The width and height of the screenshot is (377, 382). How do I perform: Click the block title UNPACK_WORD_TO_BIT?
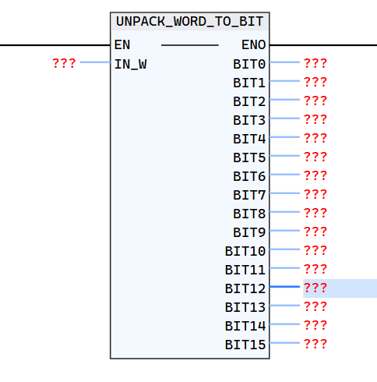pyautogui.click(x=190, y=22)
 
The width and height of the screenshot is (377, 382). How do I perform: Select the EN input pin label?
pyautogui.click(x=122, y=44)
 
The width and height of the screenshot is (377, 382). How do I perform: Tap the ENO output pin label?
pyautogui.click(x=254, y=44)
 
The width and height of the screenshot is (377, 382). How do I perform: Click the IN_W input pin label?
pyautogui.click(x=130, y=64)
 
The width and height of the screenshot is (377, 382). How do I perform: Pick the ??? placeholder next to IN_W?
pyautogui.click(x=64, y=63)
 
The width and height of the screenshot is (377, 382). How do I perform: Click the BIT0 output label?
pyautogui.click(x=249, y=63)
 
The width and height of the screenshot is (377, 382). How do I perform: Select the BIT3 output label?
pyautogui.click(x=249, y=119)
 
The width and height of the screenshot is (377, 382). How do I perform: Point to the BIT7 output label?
pyautogui.click(x=249, y=194)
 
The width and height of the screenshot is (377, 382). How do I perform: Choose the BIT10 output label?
pyautogui.click(x=245, y=250)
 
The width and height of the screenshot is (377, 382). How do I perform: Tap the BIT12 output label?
pyautogui.click(x=245, y=288)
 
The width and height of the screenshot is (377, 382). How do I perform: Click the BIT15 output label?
pyautogui.click(x=245, y=344)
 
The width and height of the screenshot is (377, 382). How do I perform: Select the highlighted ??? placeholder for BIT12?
pyautogui.click(x=315, y=288)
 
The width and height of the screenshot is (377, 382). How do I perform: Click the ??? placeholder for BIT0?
pyautogui.click(x=315, y=63)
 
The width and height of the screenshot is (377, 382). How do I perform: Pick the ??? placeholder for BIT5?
pyautogui.click(x=315, y=157)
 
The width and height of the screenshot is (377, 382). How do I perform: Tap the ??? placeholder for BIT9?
pyautogui.click(x=315, y=232)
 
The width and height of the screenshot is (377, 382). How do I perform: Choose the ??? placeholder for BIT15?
pyautogui.click(x=315, y=344)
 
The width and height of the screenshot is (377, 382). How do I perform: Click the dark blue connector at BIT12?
pyautogui.click(x=285, y=287)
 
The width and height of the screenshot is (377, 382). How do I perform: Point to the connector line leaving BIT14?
pyautogui.click(x=285, y=324)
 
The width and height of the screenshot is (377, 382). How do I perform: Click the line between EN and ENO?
pyautogui.click(x=189, y=45)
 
